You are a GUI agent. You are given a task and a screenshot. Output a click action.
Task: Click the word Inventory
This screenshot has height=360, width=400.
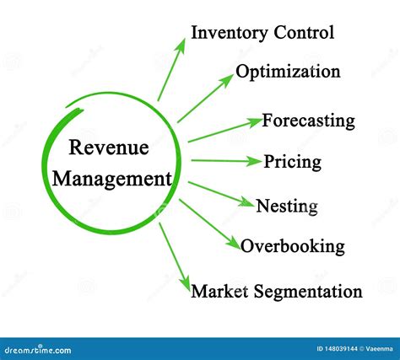pyautogui.click(x=230, y=33)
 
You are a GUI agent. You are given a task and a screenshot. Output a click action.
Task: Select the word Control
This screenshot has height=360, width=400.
pyautogui.click(x=304, y=32)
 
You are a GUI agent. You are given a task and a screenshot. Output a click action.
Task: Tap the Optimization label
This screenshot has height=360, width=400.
pyautogui.click(x=288, y=72)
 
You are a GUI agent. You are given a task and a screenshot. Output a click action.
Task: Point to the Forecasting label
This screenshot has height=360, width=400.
pyautogui.click(x=308, y=121)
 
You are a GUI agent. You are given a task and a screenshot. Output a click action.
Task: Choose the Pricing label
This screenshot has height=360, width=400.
pyautogui.click(x=293, y=163)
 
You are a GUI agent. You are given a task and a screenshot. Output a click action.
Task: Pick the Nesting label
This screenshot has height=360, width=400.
pyautogui.click(x=287, y=207)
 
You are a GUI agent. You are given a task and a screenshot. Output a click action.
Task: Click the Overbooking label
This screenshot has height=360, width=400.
pyautogui.click(x=293, y=246)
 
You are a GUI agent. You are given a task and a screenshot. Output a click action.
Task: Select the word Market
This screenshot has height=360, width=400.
pyautogui.click(x=219, y=291)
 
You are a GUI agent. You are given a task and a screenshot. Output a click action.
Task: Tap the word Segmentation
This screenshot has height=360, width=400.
pyautogui.click(x=308, y=293)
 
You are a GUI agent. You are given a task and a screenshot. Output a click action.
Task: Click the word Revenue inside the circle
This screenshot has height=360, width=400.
pyautogui.click(x=109, y=148)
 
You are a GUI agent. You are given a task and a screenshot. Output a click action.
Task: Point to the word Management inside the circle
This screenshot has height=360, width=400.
pyautogui.click(x=112, y=180)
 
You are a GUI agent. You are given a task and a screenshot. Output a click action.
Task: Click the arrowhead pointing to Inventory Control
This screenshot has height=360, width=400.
pyautogui.click(x=181, y=46)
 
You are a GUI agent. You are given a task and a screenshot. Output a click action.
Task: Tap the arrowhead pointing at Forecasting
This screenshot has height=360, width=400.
pyautogui.click(x=255, y=122)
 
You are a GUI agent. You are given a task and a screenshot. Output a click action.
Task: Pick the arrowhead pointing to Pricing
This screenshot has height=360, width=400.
pyautogui.click(x=253, y=161)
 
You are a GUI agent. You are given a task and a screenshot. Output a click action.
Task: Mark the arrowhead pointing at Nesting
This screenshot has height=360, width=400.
pyautogui.click(x=246, y=202)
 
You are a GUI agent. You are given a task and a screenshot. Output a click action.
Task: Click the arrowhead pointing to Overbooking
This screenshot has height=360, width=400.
pyautogui.click(x=234, y=242)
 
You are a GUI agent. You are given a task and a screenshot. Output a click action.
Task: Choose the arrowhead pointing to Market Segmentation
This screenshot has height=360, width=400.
pyautogui.click(x=186, y=285)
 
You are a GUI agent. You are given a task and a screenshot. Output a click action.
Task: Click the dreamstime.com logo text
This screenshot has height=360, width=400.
pyautogui.click(x=38, y=350)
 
